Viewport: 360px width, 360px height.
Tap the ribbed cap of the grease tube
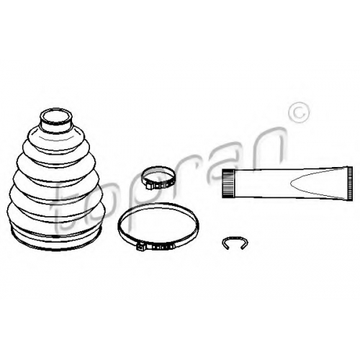(228, 184)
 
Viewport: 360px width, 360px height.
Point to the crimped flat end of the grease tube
(350, 183)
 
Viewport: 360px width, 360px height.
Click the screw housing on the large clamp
(141, 246)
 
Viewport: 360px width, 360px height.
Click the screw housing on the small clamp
(150, 186)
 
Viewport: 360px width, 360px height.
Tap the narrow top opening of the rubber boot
(56, 117)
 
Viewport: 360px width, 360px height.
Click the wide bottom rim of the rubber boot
(56, 240)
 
